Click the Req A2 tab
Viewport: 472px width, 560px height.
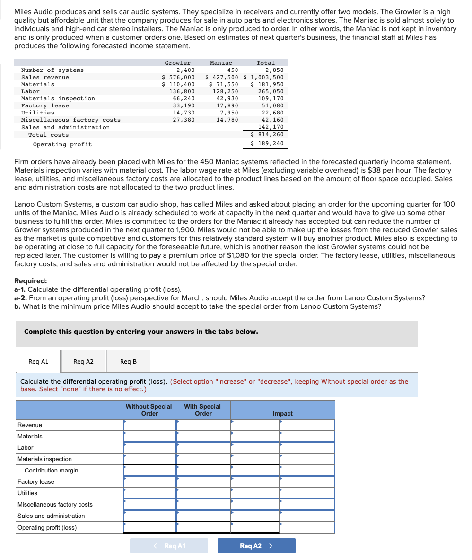point(83,362)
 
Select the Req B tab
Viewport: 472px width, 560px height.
point(128,362)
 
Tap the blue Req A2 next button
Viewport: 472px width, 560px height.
point(256,546)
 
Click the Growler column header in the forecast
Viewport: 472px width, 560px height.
point(177,63)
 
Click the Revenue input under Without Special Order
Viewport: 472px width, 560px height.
point(149,425)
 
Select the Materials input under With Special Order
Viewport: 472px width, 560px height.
point(203,437)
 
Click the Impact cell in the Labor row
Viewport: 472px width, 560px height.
point(307,448)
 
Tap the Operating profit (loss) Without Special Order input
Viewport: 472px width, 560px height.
point(149,527)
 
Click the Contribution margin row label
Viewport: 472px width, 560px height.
point(51,471)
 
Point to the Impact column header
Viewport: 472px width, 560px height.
point(282,413)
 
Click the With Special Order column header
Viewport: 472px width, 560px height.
point(202,410)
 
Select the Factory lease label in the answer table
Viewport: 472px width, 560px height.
point(36,482)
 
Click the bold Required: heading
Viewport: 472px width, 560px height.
point(30,280)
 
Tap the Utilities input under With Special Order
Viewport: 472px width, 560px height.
point(203,493)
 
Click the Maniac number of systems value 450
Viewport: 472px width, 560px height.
point(232,70)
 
